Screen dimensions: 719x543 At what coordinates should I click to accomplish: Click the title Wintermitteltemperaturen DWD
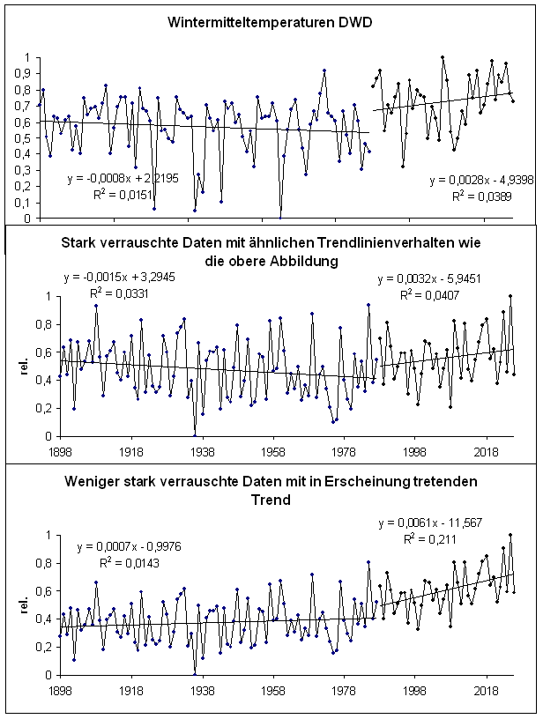click(271, 21)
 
